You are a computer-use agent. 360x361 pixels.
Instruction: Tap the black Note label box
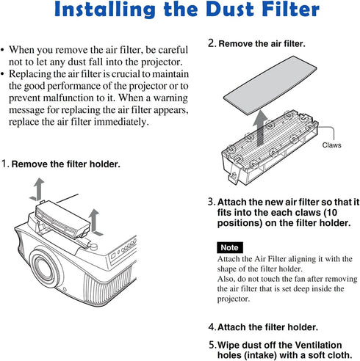click(x=230, y=247)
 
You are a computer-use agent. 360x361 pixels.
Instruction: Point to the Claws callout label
click(x=331, y=145)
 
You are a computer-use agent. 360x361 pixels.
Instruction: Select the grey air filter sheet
click(x=270, y=85)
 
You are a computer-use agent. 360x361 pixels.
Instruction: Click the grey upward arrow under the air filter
click(x=260, y=128)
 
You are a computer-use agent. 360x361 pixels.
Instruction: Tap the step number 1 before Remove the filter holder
click(x=4, y=164)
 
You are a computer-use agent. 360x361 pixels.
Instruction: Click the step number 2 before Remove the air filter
click(x=212, y=43)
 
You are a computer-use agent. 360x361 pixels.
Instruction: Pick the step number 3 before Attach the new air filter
click(x=211, y=202)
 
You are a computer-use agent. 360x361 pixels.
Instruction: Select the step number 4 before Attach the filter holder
click(x=212, y=327)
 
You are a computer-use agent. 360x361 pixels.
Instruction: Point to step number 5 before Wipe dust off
click(x=212, y=345)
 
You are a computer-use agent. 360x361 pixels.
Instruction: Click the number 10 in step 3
click(x=331, y=213)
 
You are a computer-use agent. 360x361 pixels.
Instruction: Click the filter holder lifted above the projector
click(x=62, y=219)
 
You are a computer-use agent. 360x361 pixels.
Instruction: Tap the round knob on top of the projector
click(x=93, y=246)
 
